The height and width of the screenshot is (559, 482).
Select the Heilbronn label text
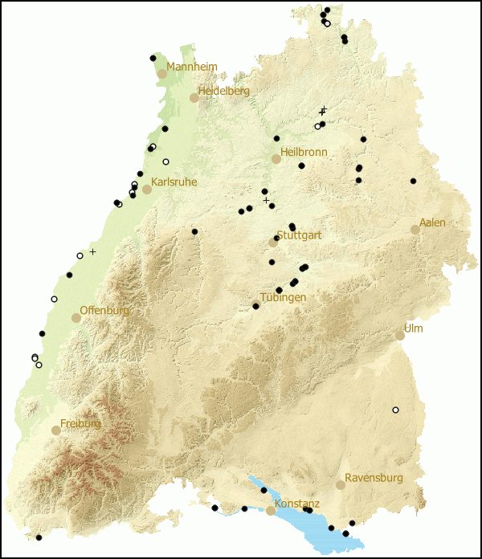point(304,152)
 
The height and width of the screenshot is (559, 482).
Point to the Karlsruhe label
point(174,182)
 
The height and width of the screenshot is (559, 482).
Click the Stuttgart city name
point(299,236)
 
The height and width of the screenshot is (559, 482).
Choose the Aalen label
point(432,222)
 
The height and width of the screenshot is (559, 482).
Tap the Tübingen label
point(283,297)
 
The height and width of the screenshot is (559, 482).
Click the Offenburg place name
point(104,310)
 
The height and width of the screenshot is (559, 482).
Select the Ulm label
point(413,328)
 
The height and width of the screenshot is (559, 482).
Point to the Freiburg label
point(80,423)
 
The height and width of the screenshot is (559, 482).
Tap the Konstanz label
point(297,504)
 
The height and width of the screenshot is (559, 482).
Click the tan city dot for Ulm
point(400,336)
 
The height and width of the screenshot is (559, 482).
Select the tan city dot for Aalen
point(415,230)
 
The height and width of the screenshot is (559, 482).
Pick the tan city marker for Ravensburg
point(341,485)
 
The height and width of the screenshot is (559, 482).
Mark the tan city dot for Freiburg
point(56,430)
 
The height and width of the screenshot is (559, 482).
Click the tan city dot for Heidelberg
point(194,98)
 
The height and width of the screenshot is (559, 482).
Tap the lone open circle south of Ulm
point(395,410)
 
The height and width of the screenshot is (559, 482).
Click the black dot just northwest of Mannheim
point(153,58)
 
